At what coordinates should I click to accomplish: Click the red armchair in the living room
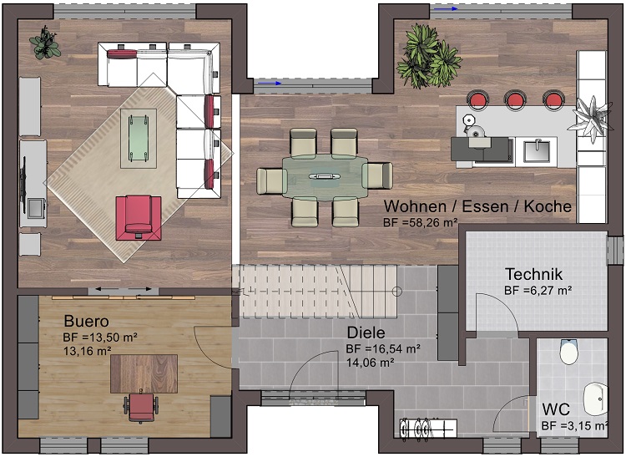click(139, 218)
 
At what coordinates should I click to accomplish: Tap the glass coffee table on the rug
click(138, 138)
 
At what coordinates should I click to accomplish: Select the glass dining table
click(325, 177)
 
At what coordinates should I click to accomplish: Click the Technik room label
click(533, 274)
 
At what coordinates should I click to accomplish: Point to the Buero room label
click(86, 321)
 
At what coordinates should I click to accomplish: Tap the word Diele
click(366, 333)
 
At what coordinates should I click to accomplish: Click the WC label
click(556, 409)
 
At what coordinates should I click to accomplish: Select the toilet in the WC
click(568, 352)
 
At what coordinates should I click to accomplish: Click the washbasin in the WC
click(596, 399)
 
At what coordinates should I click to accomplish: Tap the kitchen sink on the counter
click(536, 151)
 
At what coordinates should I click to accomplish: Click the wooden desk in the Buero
click(144, 374)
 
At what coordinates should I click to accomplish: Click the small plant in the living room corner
click(45, 43)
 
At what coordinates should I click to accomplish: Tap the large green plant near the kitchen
click(429, 56)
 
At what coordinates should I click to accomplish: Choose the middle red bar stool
click(515, 99)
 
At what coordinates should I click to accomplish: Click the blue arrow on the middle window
click(270, 83)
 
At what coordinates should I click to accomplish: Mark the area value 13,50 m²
click(109, 338)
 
